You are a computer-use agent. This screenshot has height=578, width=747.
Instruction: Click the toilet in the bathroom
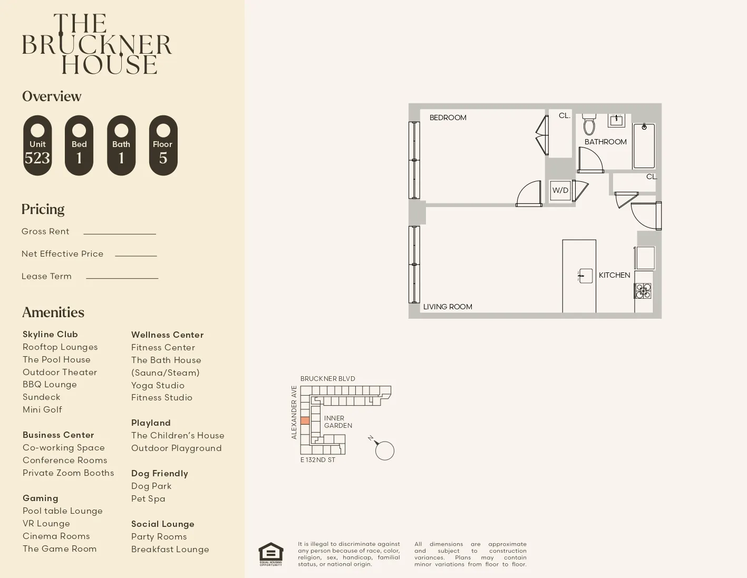pos(589,125)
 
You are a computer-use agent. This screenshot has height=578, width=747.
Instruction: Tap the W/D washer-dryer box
pos(560,190)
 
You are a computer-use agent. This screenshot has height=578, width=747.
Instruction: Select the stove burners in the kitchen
pos(643,291)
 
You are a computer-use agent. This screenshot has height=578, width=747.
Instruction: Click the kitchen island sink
pos(585,276)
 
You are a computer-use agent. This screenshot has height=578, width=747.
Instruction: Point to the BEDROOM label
pos(448,117)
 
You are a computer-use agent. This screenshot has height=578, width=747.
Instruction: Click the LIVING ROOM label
pos(448,307)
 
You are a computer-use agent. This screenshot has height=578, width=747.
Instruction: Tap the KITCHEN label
pos(614,275)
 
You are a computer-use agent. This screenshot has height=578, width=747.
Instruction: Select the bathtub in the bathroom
pos(644,146)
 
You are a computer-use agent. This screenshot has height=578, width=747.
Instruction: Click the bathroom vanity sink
pos(616,121)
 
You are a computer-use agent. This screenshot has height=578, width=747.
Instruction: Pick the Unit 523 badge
pos(37,145)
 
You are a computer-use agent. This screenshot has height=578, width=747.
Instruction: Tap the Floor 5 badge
pos(163,145)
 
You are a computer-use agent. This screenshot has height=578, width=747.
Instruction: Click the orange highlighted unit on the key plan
pos(305,420)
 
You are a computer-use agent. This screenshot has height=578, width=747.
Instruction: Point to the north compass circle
pos(385,451)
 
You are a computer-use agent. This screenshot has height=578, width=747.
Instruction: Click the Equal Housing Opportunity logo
pos(270,554)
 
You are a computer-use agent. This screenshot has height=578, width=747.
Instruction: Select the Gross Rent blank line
pos(120,233)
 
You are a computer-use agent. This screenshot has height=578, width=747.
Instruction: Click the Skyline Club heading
pos(50,334)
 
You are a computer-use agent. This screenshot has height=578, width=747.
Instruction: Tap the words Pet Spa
pos(148,498)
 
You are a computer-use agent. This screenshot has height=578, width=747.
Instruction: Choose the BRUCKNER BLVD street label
pos(327,378)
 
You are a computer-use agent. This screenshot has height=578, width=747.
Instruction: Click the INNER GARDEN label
pos(338,422)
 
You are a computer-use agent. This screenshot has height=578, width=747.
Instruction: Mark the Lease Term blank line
pos(122,278)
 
